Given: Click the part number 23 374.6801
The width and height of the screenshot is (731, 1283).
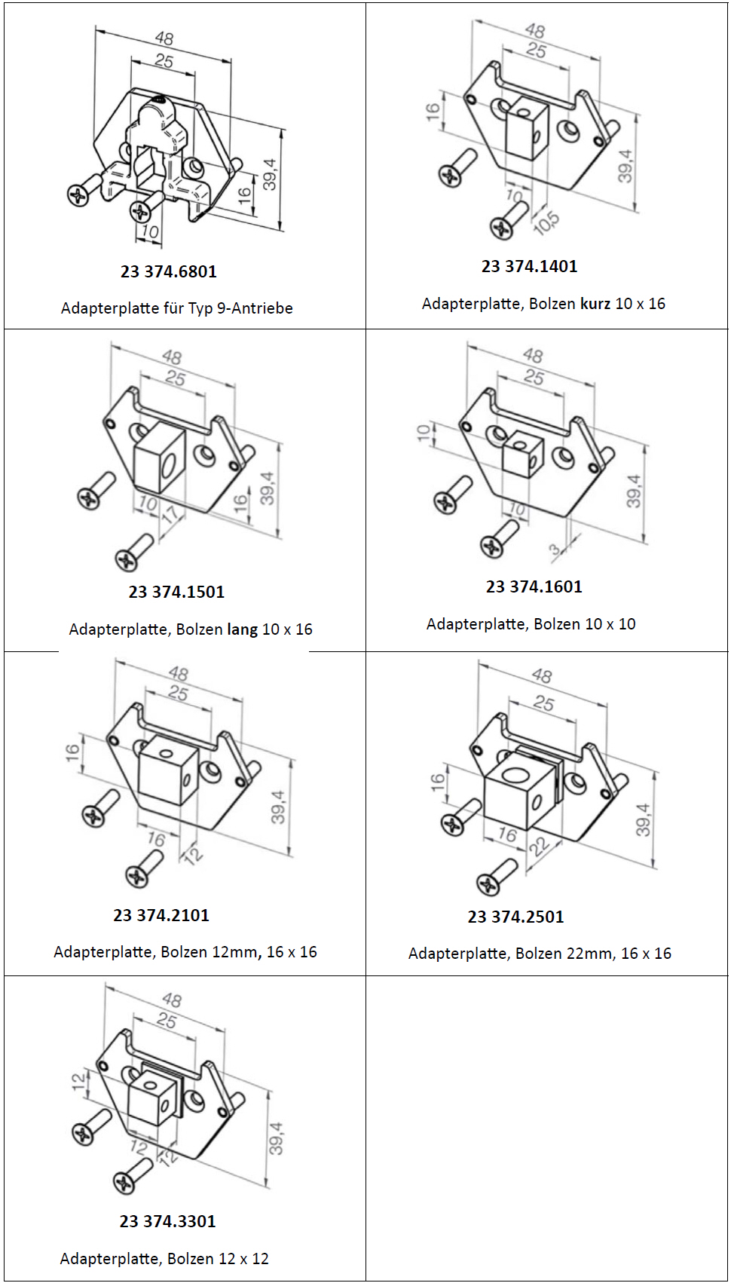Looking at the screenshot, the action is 169,271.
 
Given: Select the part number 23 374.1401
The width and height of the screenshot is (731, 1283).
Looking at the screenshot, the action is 530,266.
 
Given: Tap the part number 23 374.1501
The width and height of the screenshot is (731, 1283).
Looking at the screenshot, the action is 176,592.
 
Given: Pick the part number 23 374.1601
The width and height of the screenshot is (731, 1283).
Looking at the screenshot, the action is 534,586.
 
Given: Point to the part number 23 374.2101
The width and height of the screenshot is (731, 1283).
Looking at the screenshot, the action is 161,915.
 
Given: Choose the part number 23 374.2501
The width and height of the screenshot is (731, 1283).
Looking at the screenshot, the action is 515,917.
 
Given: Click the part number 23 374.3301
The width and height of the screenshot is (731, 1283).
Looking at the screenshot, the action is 168,1221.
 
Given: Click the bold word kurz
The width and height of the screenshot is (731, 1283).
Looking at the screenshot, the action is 595,304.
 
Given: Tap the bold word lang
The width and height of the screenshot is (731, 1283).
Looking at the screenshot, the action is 243,629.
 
